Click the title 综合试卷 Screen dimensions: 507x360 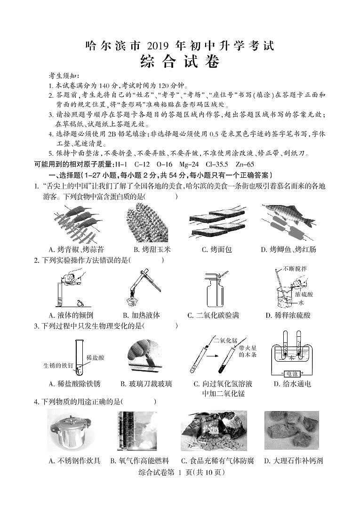[180, 62]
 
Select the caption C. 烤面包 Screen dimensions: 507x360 [216, 249]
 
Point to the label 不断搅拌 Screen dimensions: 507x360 [295, 269]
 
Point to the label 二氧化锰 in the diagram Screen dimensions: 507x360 [224, 340]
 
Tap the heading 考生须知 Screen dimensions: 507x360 [64, 76]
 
